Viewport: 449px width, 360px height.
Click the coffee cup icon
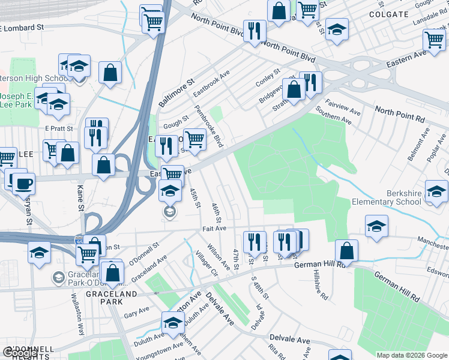24,183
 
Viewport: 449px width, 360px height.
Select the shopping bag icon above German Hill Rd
347,250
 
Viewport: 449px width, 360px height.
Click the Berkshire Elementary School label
387,197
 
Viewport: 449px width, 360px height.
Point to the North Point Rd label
400,114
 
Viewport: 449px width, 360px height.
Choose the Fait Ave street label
214,229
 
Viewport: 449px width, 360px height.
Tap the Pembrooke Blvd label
209,127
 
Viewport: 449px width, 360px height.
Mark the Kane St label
79,197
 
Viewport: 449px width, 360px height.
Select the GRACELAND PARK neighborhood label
112,294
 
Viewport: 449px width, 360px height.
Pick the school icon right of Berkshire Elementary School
436,191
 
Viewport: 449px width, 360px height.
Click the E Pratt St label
59,128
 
